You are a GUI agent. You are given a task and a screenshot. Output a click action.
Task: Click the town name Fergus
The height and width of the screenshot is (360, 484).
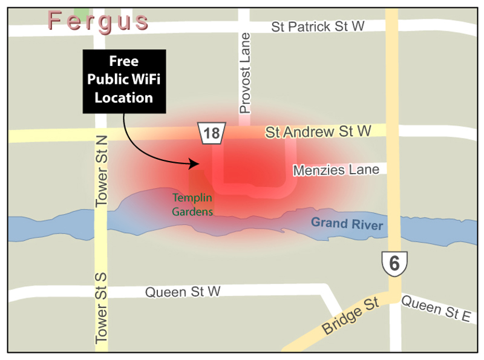[99, 21]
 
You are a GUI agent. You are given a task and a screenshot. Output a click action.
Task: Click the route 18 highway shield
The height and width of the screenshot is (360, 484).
[212, 133]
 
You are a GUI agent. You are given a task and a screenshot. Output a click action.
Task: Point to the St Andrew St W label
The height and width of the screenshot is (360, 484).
[318, 131]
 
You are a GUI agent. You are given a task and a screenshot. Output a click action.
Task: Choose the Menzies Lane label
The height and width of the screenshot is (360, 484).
[336, 171]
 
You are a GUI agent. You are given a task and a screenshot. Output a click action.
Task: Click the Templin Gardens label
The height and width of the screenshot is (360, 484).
[192, 205]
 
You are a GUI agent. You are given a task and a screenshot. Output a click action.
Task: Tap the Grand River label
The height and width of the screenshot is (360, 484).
[347, 224]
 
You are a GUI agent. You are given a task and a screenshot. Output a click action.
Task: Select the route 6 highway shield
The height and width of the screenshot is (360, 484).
[394, 263]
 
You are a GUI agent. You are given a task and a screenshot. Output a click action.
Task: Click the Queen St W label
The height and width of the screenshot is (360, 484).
[183, 292]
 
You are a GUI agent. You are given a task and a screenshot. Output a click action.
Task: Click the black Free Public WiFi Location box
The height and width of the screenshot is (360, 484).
[124, 80]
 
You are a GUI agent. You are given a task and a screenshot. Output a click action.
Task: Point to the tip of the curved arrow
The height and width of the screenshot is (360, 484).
[199, 163]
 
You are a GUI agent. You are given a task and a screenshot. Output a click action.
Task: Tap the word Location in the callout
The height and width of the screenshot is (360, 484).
[123, 97]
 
